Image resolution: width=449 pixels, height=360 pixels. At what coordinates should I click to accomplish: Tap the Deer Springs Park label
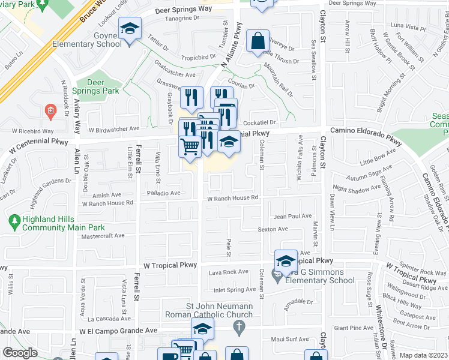point(95,87)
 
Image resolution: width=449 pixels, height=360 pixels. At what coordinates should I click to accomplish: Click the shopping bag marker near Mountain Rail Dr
point(258,41)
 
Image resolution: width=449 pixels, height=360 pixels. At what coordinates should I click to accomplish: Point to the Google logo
point(20,353)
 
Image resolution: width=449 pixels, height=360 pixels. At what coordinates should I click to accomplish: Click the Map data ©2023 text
point(423,355)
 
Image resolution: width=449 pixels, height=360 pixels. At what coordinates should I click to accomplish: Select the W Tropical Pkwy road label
point(170,265)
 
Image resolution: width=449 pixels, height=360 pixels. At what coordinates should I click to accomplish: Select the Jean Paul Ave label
point(292,216)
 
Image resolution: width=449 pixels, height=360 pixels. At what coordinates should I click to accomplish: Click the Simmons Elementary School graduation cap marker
point(286,261)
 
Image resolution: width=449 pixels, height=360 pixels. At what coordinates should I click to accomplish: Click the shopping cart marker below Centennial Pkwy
point(190,146)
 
